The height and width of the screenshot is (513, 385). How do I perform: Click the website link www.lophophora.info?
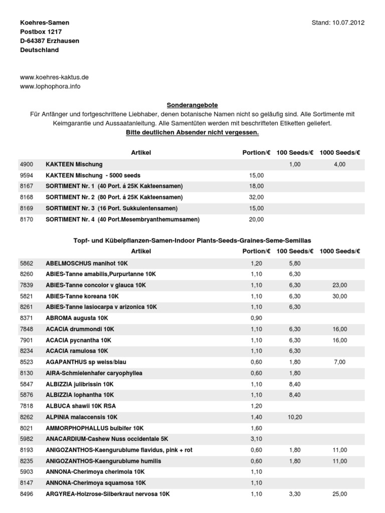click(50, 86)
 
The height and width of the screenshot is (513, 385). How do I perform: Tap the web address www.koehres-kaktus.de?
click(54, 77)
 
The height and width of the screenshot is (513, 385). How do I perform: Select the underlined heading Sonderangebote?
click(192, 105)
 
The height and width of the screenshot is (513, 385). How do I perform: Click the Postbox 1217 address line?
click(41, 32)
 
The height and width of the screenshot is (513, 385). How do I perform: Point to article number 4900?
click(26, 164)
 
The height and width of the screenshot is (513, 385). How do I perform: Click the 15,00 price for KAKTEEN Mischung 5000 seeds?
click(256, 175)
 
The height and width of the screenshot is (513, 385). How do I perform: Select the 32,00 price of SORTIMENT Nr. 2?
click(256, 197)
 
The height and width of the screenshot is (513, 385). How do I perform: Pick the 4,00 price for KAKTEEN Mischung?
click(339, 164)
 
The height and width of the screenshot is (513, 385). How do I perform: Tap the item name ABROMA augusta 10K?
click(77, 318)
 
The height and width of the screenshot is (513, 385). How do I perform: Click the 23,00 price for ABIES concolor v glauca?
click(339, 285)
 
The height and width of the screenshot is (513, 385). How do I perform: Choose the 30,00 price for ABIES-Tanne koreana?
click(339, 296)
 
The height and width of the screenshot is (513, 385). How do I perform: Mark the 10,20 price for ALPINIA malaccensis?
click(294, 417)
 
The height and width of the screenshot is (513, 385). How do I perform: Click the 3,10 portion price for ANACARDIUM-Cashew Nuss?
click(256, 439)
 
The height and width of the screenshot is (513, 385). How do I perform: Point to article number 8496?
click(26, 494)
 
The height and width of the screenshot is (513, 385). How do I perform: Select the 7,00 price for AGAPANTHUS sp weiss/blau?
click(339, 362)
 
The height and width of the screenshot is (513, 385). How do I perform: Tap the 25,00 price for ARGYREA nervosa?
click(339, 494)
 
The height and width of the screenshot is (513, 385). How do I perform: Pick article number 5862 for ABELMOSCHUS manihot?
click(26, 263)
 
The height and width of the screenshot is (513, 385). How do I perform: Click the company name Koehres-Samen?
click(45, 23)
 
